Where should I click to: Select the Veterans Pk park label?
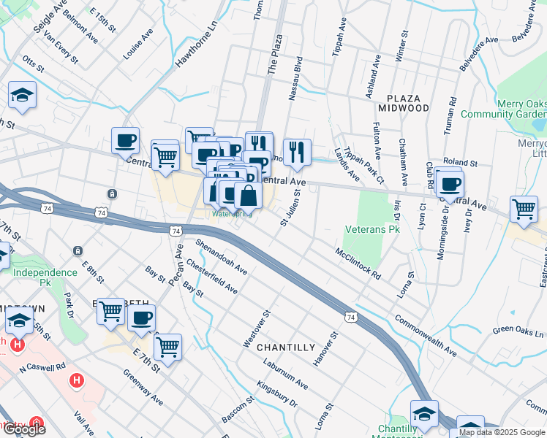tap(373, 229)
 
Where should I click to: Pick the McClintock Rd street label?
tap(358, 264)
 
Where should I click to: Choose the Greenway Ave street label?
tap(143, 387)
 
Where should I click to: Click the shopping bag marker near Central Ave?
tap(248, 196)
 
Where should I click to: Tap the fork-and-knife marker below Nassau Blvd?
tap(296, 152)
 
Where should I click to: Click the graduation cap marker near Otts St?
tap(22, 95)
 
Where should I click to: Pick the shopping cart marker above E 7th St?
tap(167, 347)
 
